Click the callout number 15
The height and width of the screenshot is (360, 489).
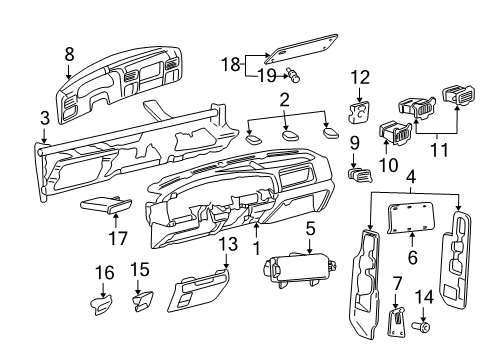[141, 269]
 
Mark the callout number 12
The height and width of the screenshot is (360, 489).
[360, 76]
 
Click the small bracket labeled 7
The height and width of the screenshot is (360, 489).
[395, 322]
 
